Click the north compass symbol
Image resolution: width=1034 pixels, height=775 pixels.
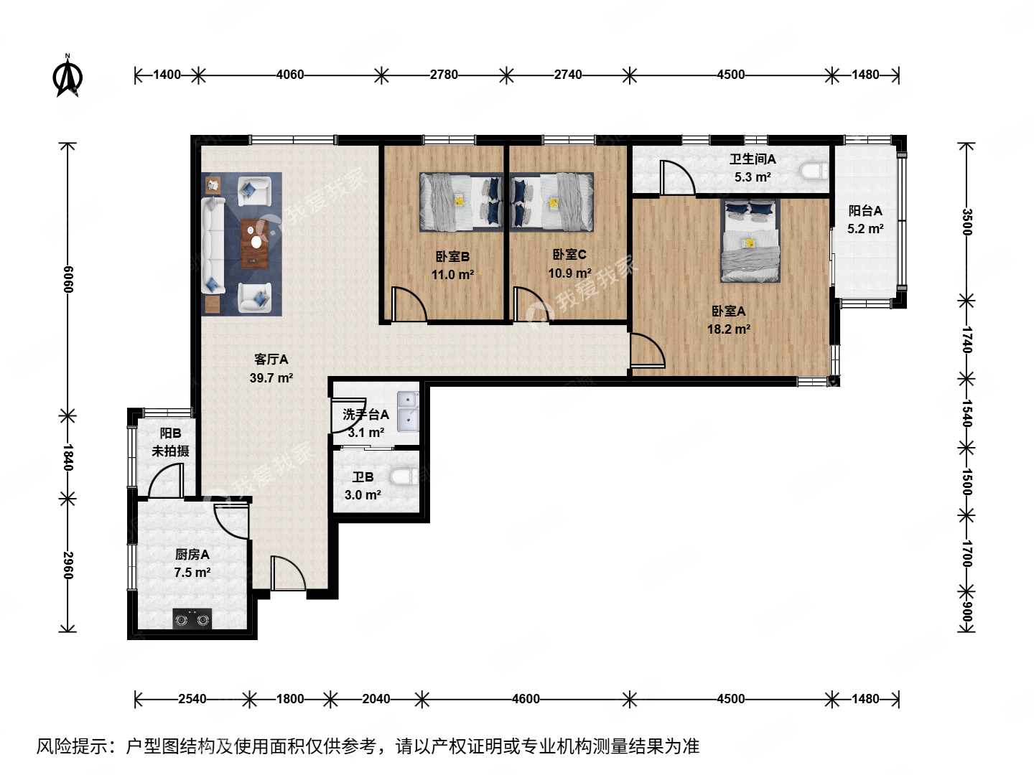click(x=69, y=76)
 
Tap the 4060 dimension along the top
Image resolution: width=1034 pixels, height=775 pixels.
click(x=290, y=75)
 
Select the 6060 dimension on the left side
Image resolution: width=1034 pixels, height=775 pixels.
click(x=67, y=279)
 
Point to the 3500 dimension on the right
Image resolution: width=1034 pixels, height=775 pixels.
click(x=967, y=222)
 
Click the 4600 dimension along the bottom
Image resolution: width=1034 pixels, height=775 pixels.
click(x=526, y=699)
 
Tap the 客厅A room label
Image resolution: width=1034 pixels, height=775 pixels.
click(x=271, y=360)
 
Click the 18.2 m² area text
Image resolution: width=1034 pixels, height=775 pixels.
click(x=728, y=329)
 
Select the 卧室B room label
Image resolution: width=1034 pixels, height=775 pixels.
click(x=452, y=256)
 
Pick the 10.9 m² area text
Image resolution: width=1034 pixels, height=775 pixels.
click(x=569, y=273)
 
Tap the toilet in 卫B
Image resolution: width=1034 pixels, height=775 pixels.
click(x=403, y=476)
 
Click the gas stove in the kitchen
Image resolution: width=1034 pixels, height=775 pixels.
click(x=192, y=618)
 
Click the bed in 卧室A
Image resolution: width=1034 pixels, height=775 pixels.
click(x=750, y=241)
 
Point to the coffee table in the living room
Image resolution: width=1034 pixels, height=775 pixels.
click(x=253, y=243)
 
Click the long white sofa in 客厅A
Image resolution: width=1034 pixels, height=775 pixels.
click(x=213, y=244)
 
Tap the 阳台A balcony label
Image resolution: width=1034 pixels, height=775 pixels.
click(x=865, y=211)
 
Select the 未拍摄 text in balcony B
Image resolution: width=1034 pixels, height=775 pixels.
click(x=170, y=451)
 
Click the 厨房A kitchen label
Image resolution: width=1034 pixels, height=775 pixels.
click(x=192, y=555)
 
